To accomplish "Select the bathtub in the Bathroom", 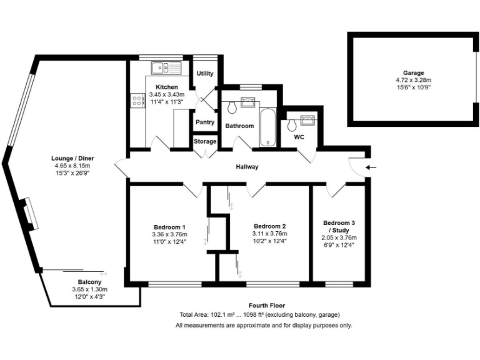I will [x=267, y=128].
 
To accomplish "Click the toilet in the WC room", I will [x=291, y=125].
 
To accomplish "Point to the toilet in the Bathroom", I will [x=232, y=108].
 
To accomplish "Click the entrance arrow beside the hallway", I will [x=371, y=167].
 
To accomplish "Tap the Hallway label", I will [x=247, y=167].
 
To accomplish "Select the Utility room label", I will [x=205, y=74].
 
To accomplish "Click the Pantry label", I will [x=205, y=122].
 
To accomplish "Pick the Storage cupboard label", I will [x=205, y=142].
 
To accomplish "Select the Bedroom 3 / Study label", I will [x=339, y=226].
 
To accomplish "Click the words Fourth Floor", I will [x=259, y=305].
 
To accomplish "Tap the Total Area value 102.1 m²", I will [x=220, y=315].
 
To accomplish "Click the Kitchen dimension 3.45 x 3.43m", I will [x=167, y=94].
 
